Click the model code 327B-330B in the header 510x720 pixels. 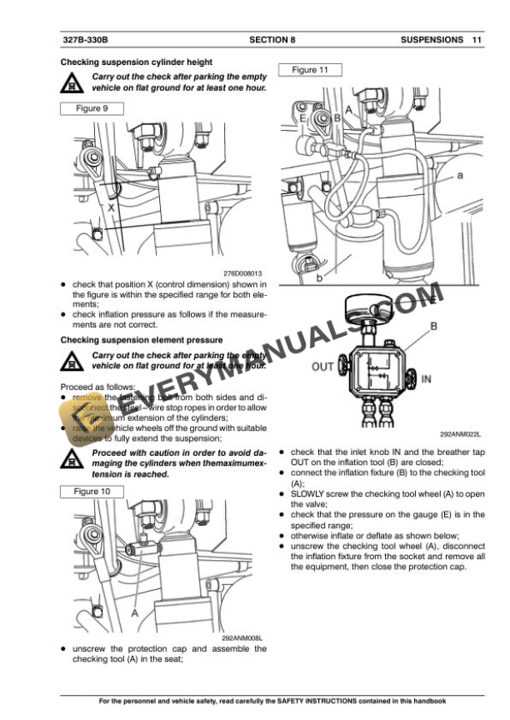coord(85,39)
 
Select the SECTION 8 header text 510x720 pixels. coord(272,39)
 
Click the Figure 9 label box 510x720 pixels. coord(92,108)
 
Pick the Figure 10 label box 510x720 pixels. coord(92,492)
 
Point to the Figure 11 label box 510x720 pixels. coord(311,70)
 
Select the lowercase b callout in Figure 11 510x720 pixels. coord(318,277)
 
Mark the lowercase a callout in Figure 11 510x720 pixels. coord(460,176)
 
